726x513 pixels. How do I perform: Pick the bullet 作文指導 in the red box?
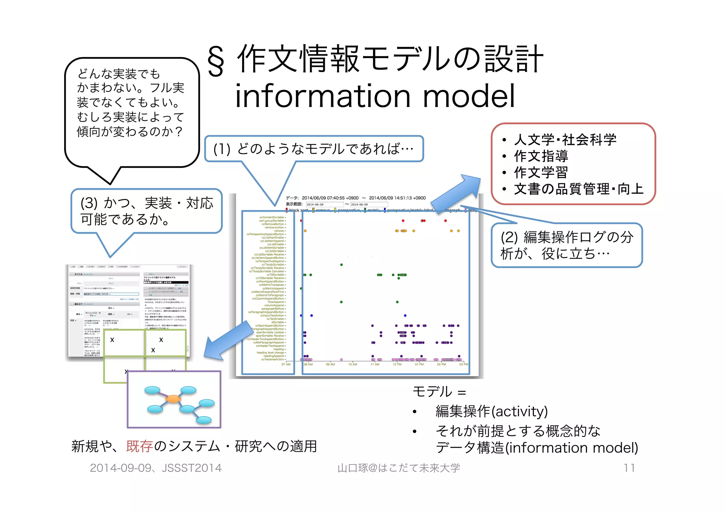(x=541, y=156)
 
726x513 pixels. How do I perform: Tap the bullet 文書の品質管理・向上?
(x=578, y=189)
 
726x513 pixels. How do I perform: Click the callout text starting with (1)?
(x=313, y=149)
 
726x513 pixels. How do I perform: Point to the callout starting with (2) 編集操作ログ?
(x=566, y=245)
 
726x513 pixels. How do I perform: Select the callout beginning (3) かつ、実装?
(x=146, y=211)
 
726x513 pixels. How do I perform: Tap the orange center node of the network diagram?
(x=173, y=398)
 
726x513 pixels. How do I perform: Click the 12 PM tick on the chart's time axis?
(x=397, y=364)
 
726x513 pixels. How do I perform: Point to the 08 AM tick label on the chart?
(x=308, y=364)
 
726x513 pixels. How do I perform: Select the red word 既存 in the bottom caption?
(x=139, y=446)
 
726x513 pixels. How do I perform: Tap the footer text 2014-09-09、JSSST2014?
(x=156, y=468)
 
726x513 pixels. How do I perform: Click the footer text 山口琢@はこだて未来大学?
(x=398, y=468)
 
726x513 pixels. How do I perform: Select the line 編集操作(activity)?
(x=491, y=411)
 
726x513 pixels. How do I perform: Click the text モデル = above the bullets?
(x=439, y=392)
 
